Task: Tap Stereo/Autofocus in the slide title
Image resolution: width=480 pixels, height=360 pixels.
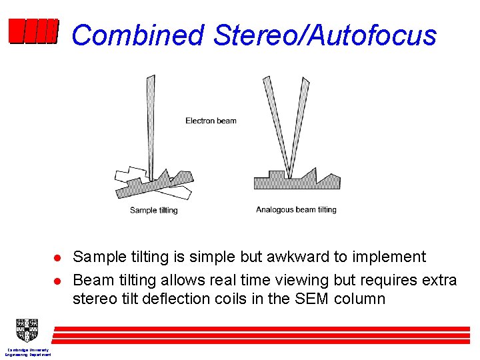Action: coord(325,35)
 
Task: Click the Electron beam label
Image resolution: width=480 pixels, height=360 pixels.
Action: coord(211,121)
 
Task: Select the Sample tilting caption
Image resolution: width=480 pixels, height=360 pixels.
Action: coord(153,211)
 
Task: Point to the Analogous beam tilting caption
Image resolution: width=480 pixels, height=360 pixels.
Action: coord(296,210)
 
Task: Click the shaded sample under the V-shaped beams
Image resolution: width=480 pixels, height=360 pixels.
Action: coord(293,181)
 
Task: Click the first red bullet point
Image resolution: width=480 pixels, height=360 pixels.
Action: coord(58,258)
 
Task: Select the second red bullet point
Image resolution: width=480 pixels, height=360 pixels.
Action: coord(58,279)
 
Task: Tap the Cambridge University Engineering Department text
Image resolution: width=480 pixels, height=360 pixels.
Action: coord(28,352)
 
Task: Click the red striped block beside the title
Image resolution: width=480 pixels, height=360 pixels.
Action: coord(33,31)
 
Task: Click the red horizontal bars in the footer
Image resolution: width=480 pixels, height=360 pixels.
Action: coord(260,334)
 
